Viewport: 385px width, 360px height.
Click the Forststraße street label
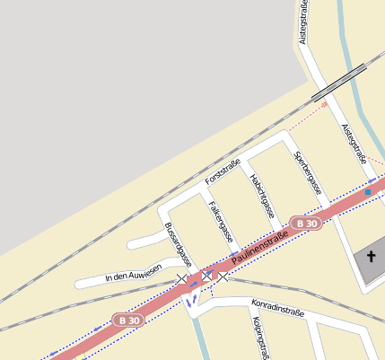pos(223,171)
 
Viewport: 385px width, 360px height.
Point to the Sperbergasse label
pos(308,173)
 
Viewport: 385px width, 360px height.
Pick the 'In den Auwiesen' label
pos(133,273)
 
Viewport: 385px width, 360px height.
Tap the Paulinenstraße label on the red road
pos(259,247)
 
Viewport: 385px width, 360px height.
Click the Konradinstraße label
pos(278,308)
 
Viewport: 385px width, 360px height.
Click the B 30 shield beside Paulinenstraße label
pos(306,223)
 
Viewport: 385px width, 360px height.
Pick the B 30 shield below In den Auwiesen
pos(129,320)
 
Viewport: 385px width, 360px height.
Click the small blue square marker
pos(368,192)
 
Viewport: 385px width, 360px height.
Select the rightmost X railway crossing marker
pos(223,277)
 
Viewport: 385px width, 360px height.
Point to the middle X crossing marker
pos(207,276)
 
